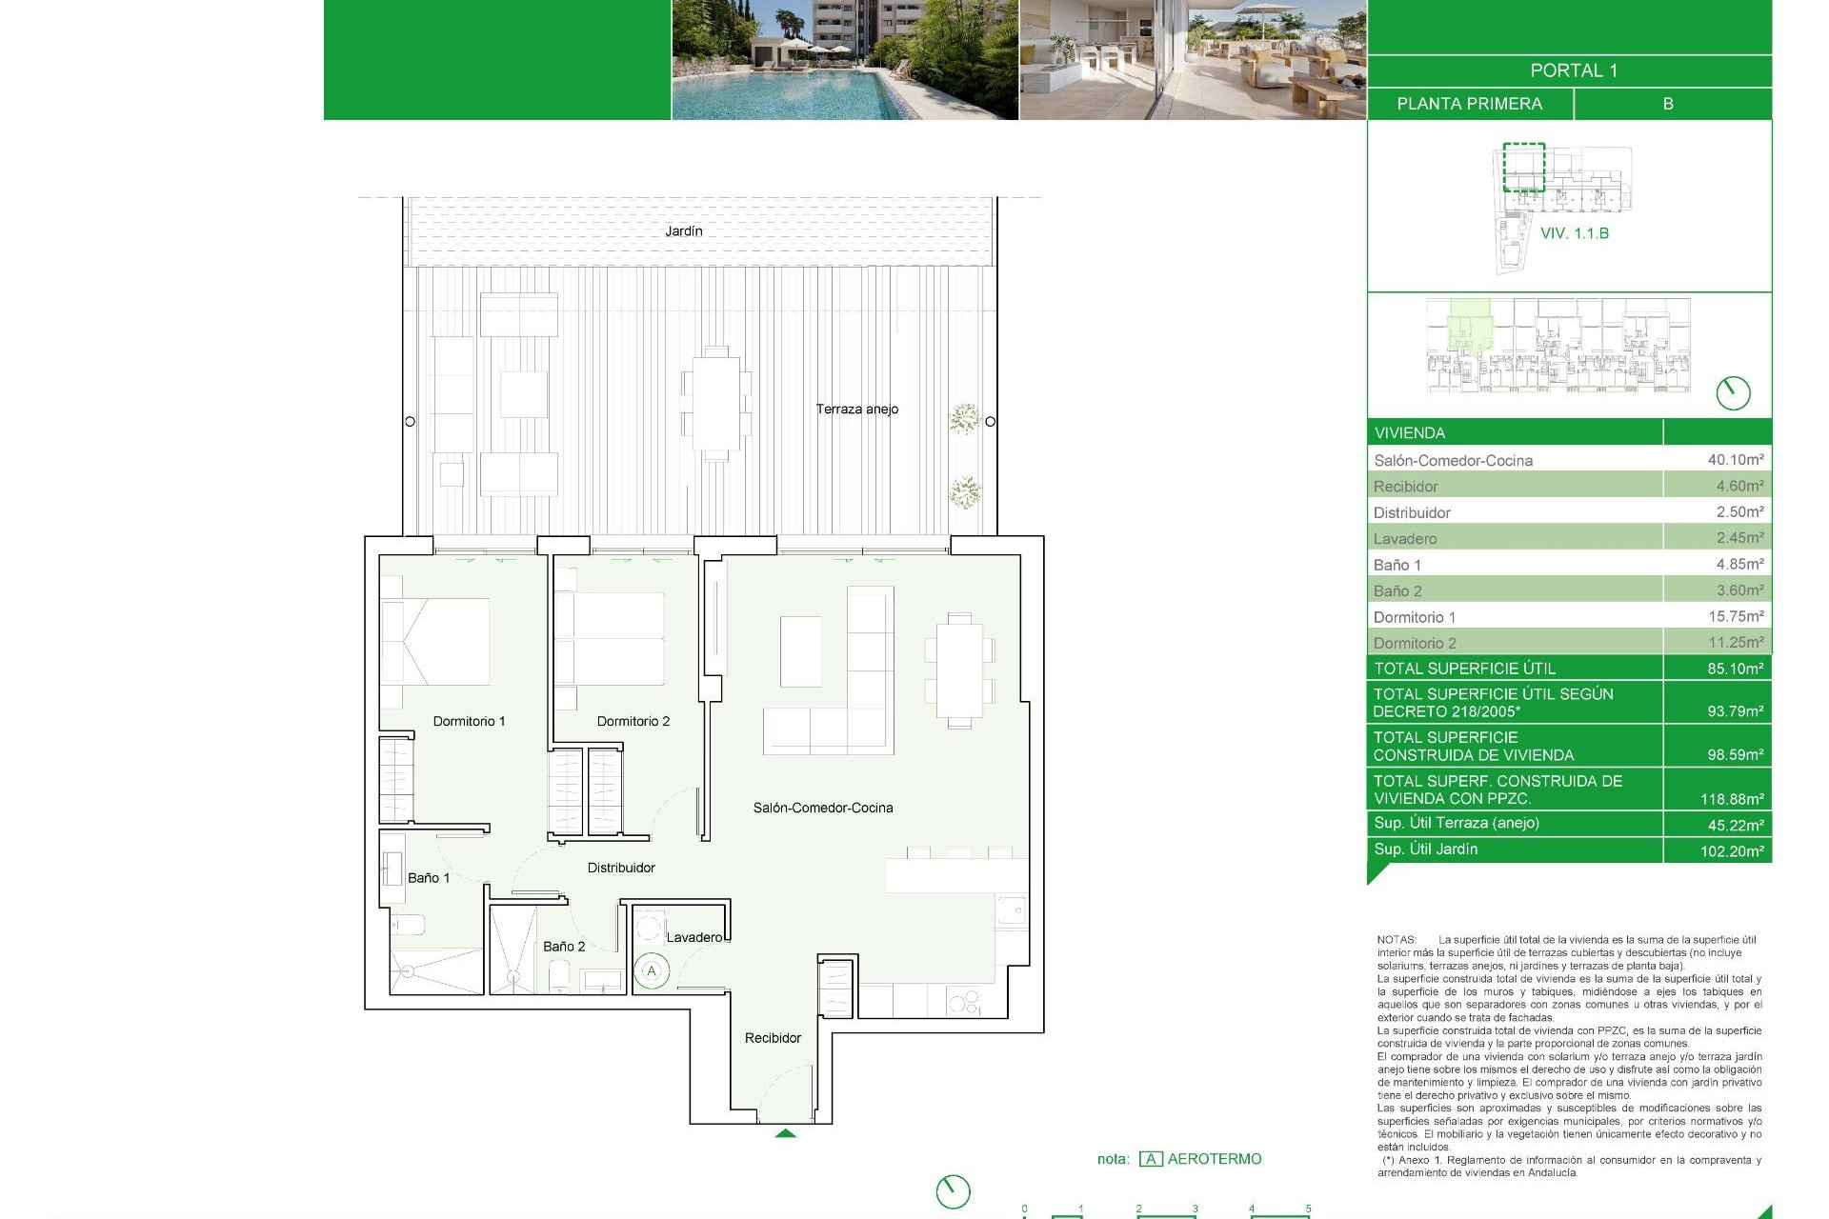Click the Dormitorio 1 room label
469,721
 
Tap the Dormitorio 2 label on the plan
633,721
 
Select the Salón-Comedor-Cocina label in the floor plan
823,808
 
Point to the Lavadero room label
694,937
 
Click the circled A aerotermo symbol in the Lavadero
652,971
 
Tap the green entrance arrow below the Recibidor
785,1133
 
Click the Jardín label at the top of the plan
683,231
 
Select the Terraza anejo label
856,409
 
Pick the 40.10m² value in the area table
1735,459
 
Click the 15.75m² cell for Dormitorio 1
1735,616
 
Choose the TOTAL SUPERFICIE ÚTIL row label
1464,669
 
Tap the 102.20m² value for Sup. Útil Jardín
1731,850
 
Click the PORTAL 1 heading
1573,70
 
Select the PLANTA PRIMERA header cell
1469,104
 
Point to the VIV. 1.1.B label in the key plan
1574,233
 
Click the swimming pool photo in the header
844,60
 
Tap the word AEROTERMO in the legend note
1214,1159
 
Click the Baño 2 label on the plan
564,946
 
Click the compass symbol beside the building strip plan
1733,392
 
